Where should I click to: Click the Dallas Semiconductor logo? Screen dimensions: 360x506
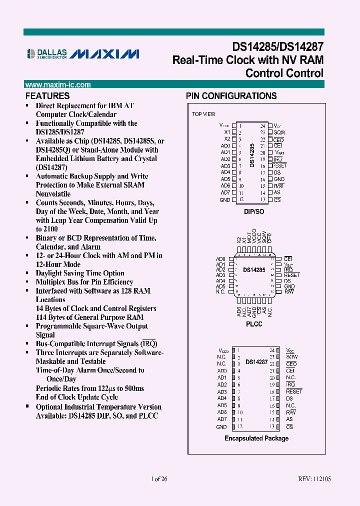click(46, 53)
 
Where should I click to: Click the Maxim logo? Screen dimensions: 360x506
click(104, 54)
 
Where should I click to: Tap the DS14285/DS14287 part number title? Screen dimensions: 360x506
click(277, 46)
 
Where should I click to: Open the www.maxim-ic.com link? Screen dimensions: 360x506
click(58, 85)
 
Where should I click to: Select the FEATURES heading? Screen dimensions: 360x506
click(47, 96)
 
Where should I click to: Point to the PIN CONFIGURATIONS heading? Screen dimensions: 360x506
click(231, 96)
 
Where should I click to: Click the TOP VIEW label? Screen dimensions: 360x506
click(203, 114)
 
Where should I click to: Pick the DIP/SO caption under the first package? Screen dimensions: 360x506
click(255, 211)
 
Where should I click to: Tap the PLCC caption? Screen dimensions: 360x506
click(254, 324)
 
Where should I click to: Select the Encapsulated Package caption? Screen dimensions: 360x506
click(256, 438)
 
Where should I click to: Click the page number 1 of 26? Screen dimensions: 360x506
click(159, 479)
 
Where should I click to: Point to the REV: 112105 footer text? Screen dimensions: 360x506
click(314, 479)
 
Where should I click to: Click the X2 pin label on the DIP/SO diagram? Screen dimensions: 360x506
click(227, 139)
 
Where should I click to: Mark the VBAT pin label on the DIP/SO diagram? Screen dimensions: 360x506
click(280, 152)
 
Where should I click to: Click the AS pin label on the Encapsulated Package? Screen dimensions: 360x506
click(289, 419)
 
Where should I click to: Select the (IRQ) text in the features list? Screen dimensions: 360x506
click(149, 344)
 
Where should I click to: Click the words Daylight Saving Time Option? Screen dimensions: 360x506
click(80, 273)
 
